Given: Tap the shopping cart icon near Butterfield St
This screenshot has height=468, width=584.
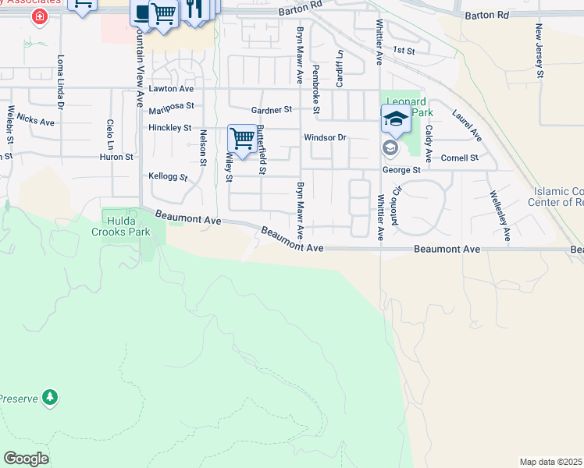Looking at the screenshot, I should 243,140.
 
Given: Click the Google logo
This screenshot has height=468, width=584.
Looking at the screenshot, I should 26,459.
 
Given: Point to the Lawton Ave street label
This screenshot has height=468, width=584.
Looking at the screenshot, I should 170,89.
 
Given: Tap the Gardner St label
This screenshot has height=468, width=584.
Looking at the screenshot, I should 271,110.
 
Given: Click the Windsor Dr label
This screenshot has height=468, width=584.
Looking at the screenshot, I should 324,137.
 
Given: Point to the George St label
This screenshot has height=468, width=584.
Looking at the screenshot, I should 401,169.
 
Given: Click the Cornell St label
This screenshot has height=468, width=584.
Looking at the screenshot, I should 459,158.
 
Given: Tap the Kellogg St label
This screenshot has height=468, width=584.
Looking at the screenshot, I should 169,177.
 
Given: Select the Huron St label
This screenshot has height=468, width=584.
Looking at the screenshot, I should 117,157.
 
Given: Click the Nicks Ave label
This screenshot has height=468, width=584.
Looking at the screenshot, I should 36,122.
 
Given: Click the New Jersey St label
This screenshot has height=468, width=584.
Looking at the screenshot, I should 539,51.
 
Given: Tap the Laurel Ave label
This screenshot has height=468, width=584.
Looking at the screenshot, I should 467,125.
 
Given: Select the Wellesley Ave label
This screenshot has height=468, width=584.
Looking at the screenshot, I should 500,214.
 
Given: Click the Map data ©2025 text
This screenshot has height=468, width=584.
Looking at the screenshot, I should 551,462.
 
